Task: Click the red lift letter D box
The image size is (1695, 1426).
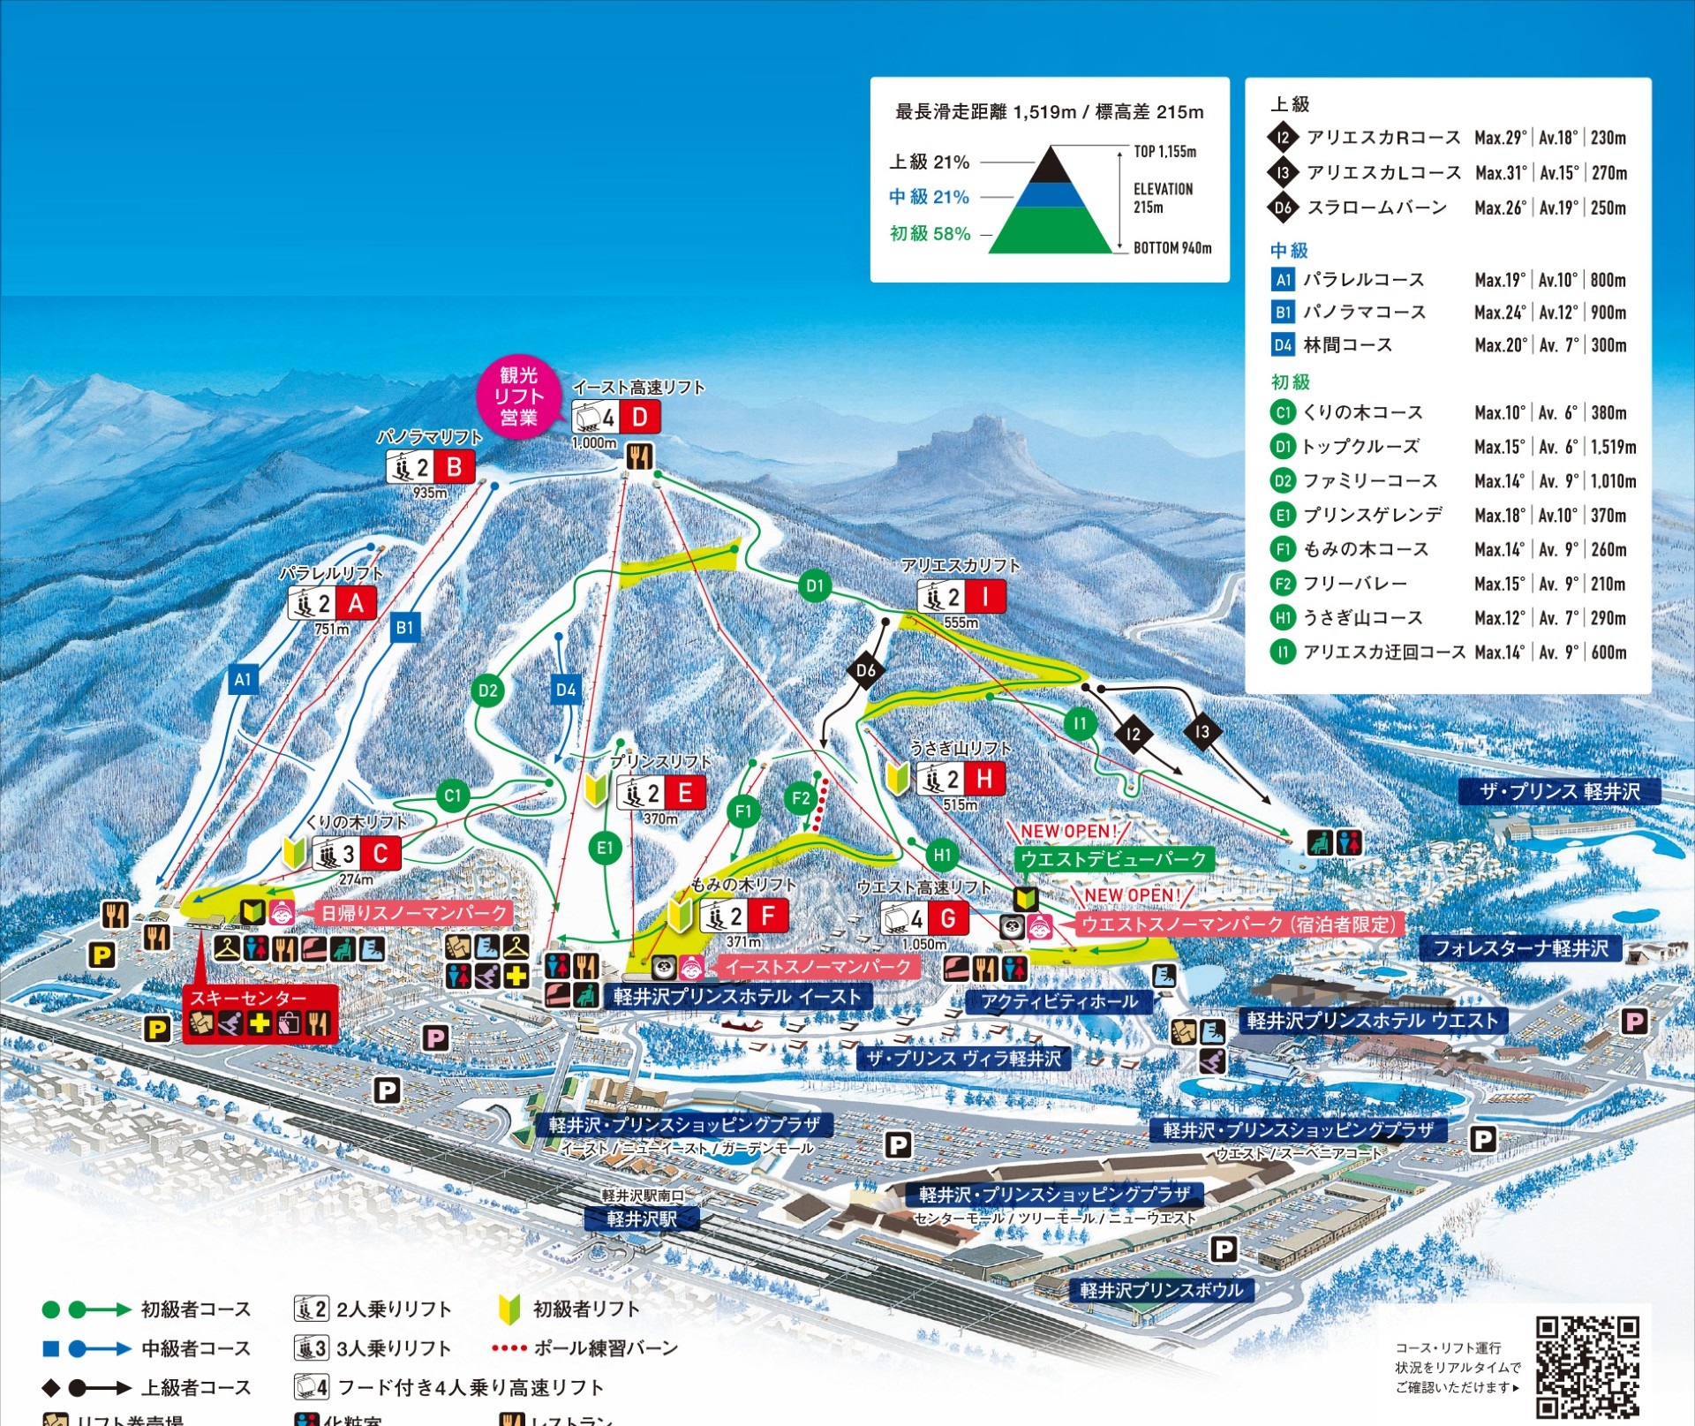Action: [x=640, y=417]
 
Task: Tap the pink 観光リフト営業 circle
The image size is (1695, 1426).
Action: [x=518, y=396]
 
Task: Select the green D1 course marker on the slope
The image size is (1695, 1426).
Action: [x=815, y=585]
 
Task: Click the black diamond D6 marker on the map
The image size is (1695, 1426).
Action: [x=866, y=670]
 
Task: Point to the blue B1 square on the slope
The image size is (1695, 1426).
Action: [x=404, y=628]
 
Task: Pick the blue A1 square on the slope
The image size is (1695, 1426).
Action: [x=243, y=679]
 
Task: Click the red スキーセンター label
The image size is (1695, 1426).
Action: [x=248, y=998]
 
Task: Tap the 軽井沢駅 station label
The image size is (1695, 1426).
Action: [x=642, y=1219]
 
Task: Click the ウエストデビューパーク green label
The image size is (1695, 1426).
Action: [x=1113, y=859]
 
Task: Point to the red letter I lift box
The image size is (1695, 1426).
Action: [x=984, y=597]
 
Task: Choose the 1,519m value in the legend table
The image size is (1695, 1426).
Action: [x=1613, y=447]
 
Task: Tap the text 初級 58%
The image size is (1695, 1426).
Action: [x=930, y=233]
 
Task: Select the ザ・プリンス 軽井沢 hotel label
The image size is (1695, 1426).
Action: [x=1560, y=791]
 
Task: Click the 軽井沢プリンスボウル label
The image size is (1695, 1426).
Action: [x=1162, y=1290]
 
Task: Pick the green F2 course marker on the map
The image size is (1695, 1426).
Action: [x=800, y=799]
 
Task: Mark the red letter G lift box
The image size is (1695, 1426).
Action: [x=947, y=918]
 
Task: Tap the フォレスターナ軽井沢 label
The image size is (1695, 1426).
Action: [x=1520, y=948]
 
